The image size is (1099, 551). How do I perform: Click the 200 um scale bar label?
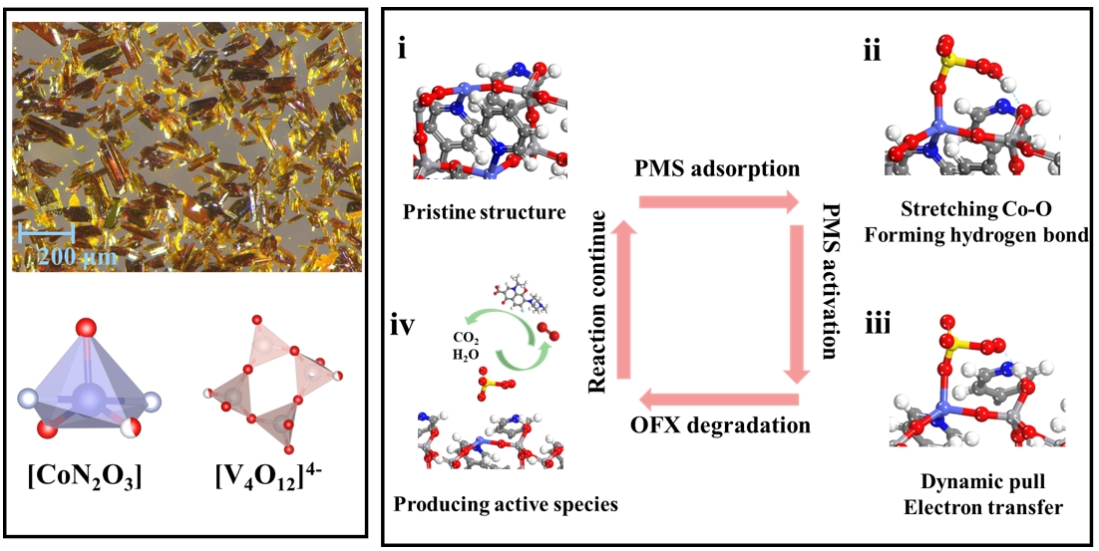click(75, 258)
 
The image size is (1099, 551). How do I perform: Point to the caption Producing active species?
click(506, 502)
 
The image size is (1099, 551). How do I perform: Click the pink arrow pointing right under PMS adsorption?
click(718, 202)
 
